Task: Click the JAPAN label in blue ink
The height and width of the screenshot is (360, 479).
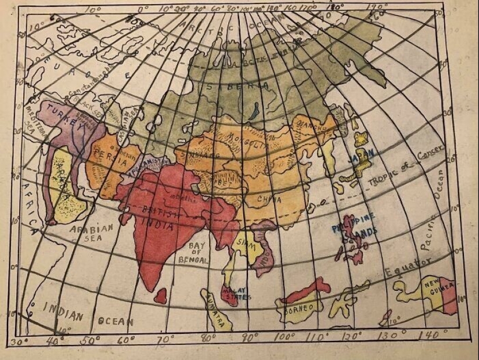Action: [x=360, y=156]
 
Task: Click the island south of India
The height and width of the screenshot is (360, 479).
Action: [x=161, y=296]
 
